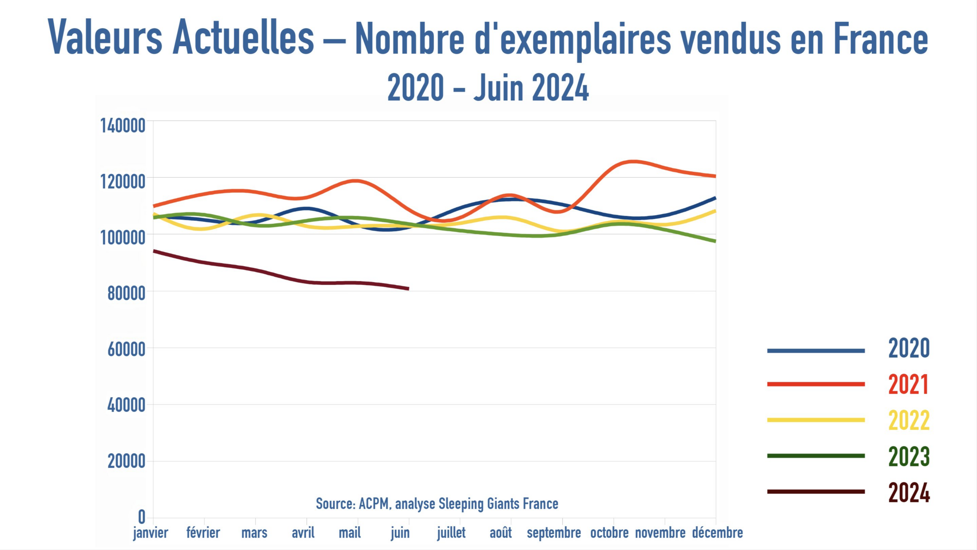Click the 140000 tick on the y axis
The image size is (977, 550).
[x=123, y=126]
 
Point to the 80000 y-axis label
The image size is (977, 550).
[x=126, y=294]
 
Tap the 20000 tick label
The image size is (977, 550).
[x=126, y=462]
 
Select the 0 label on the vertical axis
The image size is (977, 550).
[x=141, y=517]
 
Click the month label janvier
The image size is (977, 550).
[x=151, y=533]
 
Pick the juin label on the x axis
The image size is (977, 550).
[x=400, y=533]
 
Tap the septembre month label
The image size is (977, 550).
[x=553, y=533]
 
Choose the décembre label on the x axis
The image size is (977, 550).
[x=717, y=533]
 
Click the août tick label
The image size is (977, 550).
[x=500, y=533]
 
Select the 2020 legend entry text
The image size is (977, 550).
[x=909, y=348]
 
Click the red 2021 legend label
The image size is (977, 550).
[x=909, y=385]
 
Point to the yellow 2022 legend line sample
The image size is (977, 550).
[x=816, y=420]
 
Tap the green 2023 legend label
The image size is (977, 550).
[x=909, y=457]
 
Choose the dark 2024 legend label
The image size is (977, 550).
[x=909, y=493]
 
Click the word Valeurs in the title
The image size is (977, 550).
[x=105, y=38]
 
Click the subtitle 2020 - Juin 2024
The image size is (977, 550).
[x=488, y=88]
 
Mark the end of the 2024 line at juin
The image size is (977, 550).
[x=408, y=289]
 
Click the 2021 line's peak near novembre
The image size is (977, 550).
[x=634, y=161]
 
